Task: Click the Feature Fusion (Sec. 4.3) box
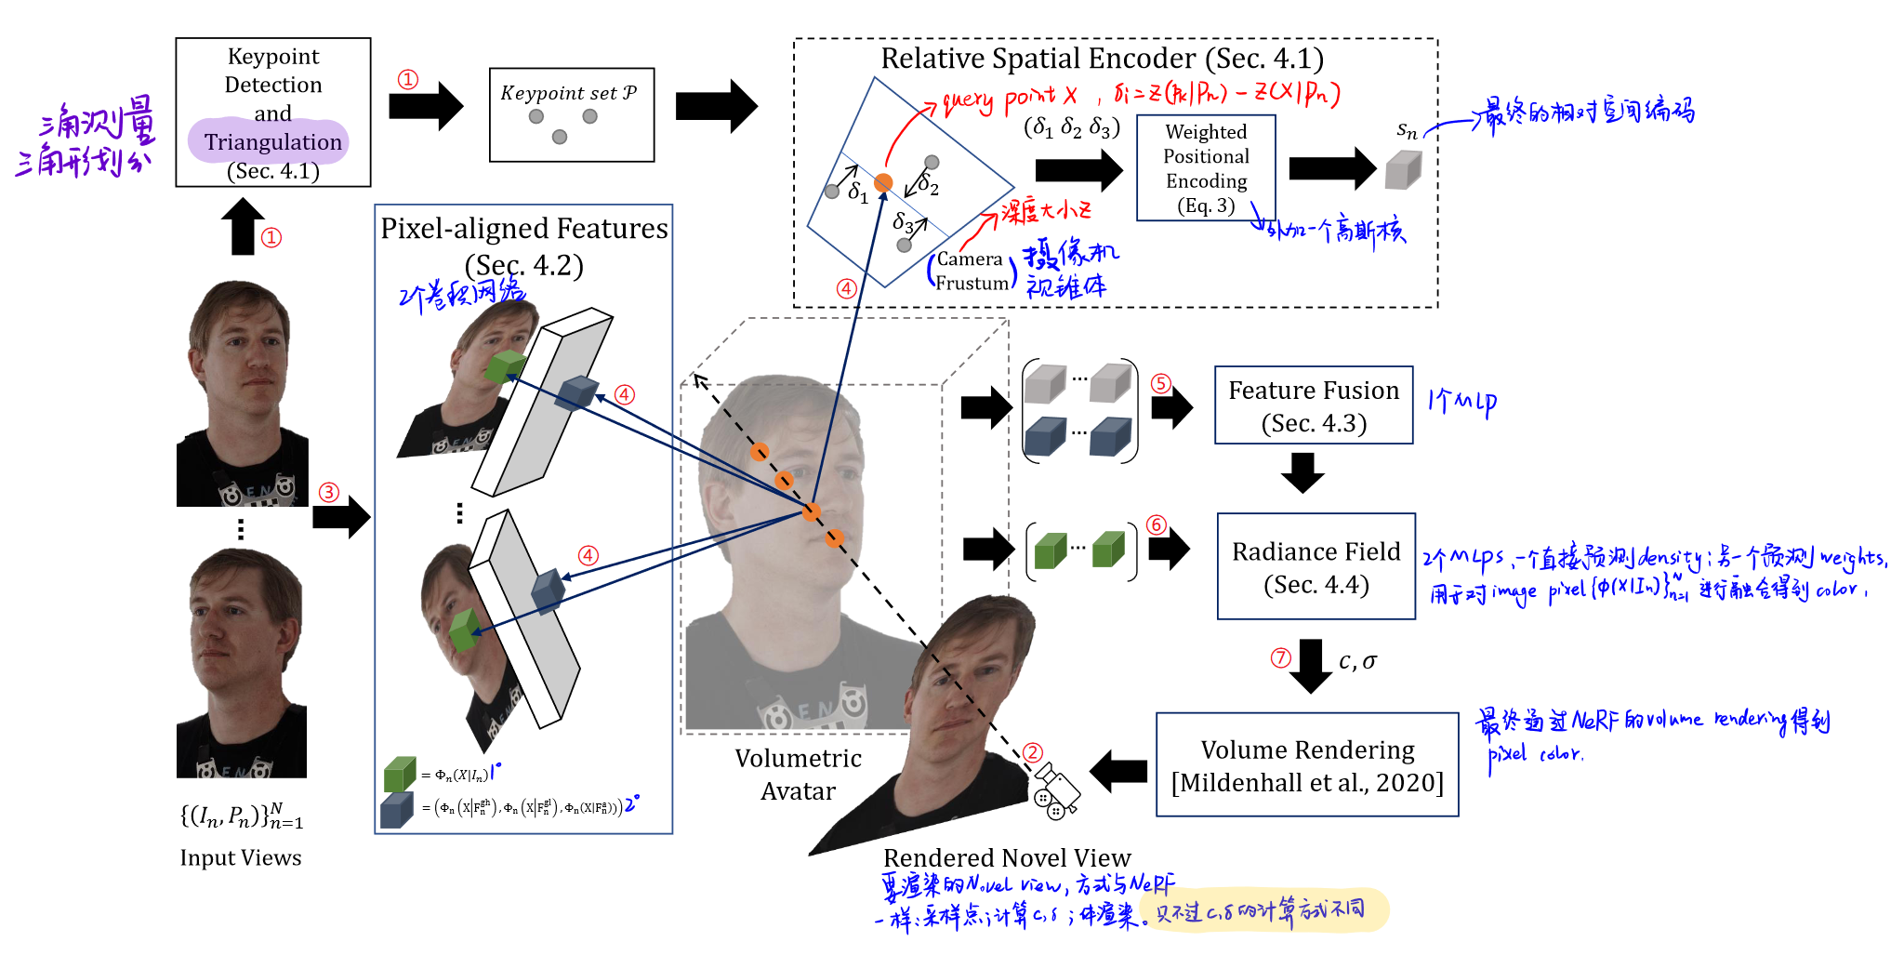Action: [x=1313, y=405]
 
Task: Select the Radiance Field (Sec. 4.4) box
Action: [x=1316, y=566]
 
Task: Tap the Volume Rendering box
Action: [x=1306, y=764]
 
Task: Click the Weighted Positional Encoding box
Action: [x=1206, y=168]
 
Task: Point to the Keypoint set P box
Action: [x=571, y=114]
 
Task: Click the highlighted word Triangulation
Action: [x=272, y=141]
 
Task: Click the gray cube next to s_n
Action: [x=1403, y=170]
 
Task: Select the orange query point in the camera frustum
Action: [x=883, y=182]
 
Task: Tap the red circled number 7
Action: [x=1281, y=658]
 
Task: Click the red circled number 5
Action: [x=1160, y=383]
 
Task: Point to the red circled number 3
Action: [x=329, y=492]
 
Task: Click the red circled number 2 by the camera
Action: [x=1033, y=752]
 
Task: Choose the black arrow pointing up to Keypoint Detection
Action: [x=243, y=227]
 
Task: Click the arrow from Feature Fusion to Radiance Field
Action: [x=1302, y=472]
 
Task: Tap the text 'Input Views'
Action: [x=241, y=857]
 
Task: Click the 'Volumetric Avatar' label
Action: [x=798, y=775]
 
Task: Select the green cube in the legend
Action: [x=399, y=774]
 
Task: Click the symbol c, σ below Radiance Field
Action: [x=1357, y=661]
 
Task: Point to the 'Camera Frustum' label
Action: [x=971, y=271]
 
